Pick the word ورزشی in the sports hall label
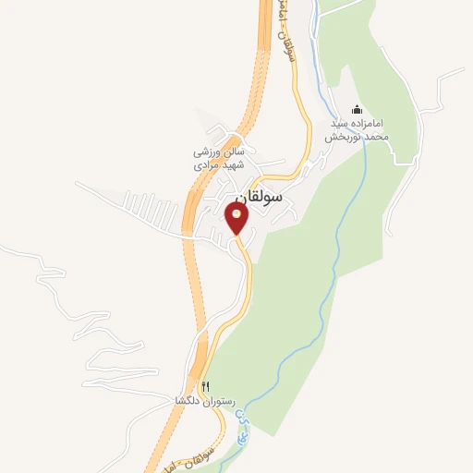[x=205, y=151]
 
